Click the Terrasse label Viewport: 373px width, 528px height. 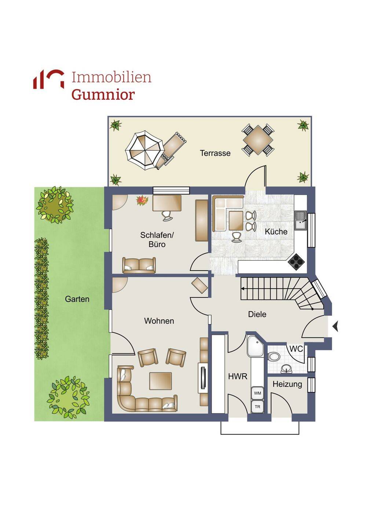[x=215, y=153]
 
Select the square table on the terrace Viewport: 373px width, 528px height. [x=258, y=140]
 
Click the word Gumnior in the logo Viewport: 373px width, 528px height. [x=103, y=95]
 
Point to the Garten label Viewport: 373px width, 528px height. [x=77, y=299]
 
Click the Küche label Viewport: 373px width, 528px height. [x=276, y=231]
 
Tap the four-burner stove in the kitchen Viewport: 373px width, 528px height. [x=296, y=261]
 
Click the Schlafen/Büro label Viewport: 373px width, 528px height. [x=157, y=239]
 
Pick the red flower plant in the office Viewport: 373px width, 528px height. [x=142, y=201]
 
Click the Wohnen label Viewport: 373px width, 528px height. [x=159, y=321]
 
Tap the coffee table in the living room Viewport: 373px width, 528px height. [x=161, y=381]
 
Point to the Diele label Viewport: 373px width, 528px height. [x=257, y=314]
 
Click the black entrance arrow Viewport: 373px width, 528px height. [x=336, y=326]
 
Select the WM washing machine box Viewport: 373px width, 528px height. [x=257, y=393]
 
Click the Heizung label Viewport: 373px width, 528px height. [x=287, y=384]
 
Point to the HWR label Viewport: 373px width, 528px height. [x=238, y=377]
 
